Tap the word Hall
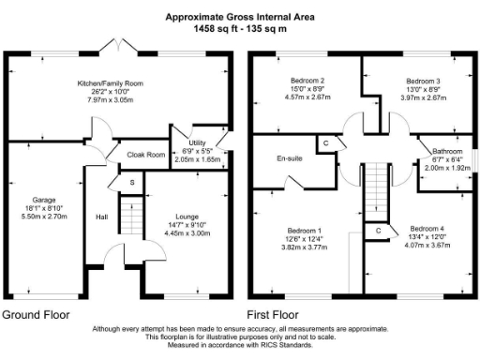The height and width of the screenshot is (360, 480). tap(102, 217)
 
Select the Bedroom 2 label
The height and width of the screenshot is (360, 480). tap(307, 81)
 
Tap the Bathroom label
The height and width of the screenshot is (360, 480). tap(446, 152)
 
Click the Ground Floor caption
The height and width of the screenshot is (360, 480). tap(40, 314)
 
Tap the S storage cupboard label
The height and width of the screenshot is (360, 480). tap(132, 181)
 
